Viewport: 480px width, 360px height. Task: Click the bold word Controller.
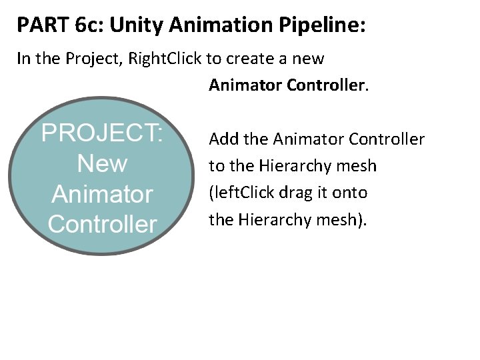coord(327,85)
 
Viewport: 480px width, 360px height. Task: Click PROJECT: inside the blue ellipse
coord(102,133)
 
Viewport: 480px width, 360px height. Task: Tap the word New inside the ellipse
coord(102,163)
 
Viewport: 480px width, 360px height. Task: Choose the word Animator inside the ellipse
coord(102,194)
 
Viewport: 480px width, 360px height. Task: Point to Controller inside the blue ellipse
coord(102,224)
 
